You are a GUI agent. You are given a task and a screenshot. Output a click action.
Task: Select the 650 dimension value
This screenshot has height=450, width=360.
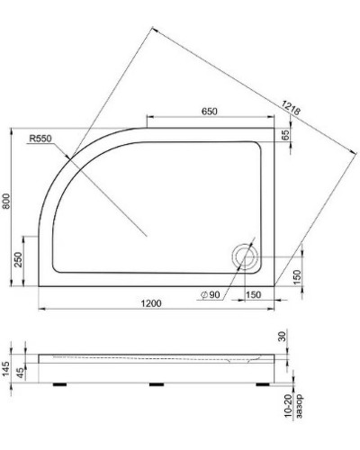[210, 112]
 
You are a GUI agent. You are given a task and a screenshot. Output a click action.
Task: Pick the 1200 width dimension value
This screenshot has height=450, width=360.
[151, 304]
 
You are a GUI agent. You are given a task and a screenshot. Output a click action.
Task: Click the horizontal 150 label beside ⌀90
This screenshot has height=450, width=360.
[253, 294]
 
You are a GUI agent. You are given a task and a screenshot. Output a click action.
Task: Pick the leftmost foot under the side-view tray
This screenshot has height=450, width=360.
[65, 381]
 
